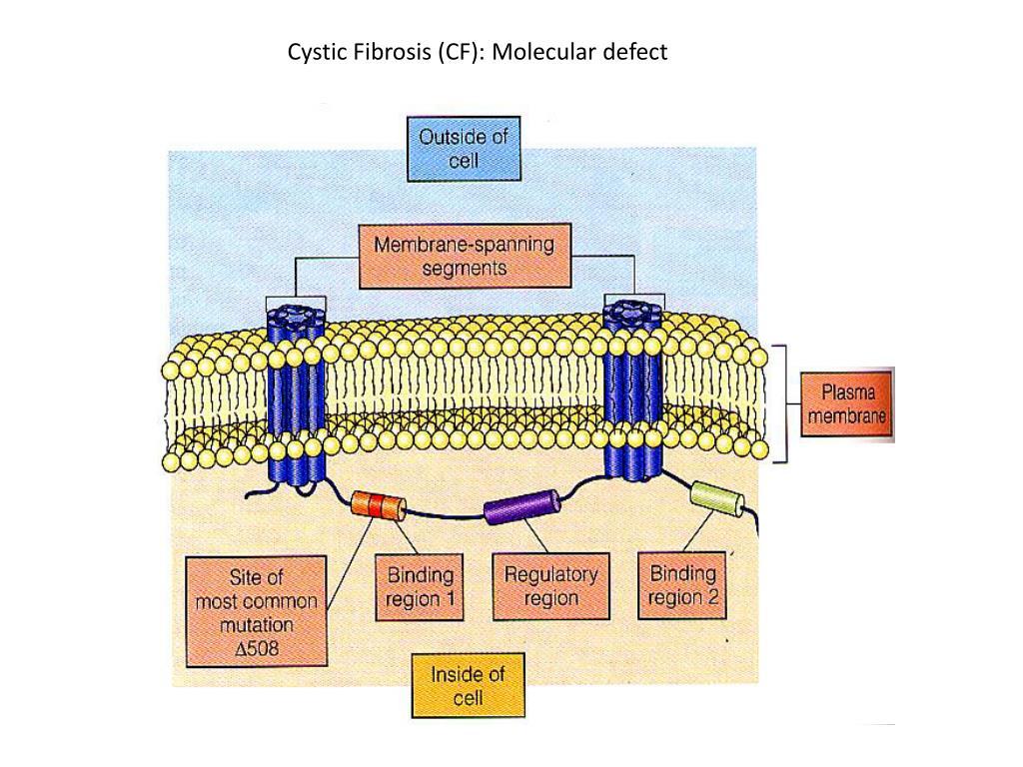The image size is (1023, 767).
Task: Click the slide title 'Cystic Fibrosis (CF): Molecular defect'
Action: coord(477,52)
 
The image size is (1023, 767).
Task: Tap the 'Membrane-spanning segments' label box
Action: coord(463,255)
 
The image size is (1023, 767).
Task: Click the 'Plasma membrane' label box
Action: coord(846,403)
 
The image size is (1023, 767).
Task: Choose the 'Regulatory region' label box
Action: coord(550,586)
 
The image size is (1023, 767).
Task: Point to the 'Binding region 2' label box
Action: coord(682,586)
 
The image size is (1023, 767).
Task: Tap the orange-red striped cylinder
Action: coord(379,504)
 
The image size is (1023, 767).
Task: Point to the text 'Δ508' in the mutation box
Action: coord(258,648)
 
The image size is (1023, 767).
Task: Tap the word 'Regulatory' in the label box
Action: coord(550,574)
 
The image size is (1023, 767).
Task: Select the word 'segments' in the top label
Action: coord(464,268)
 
